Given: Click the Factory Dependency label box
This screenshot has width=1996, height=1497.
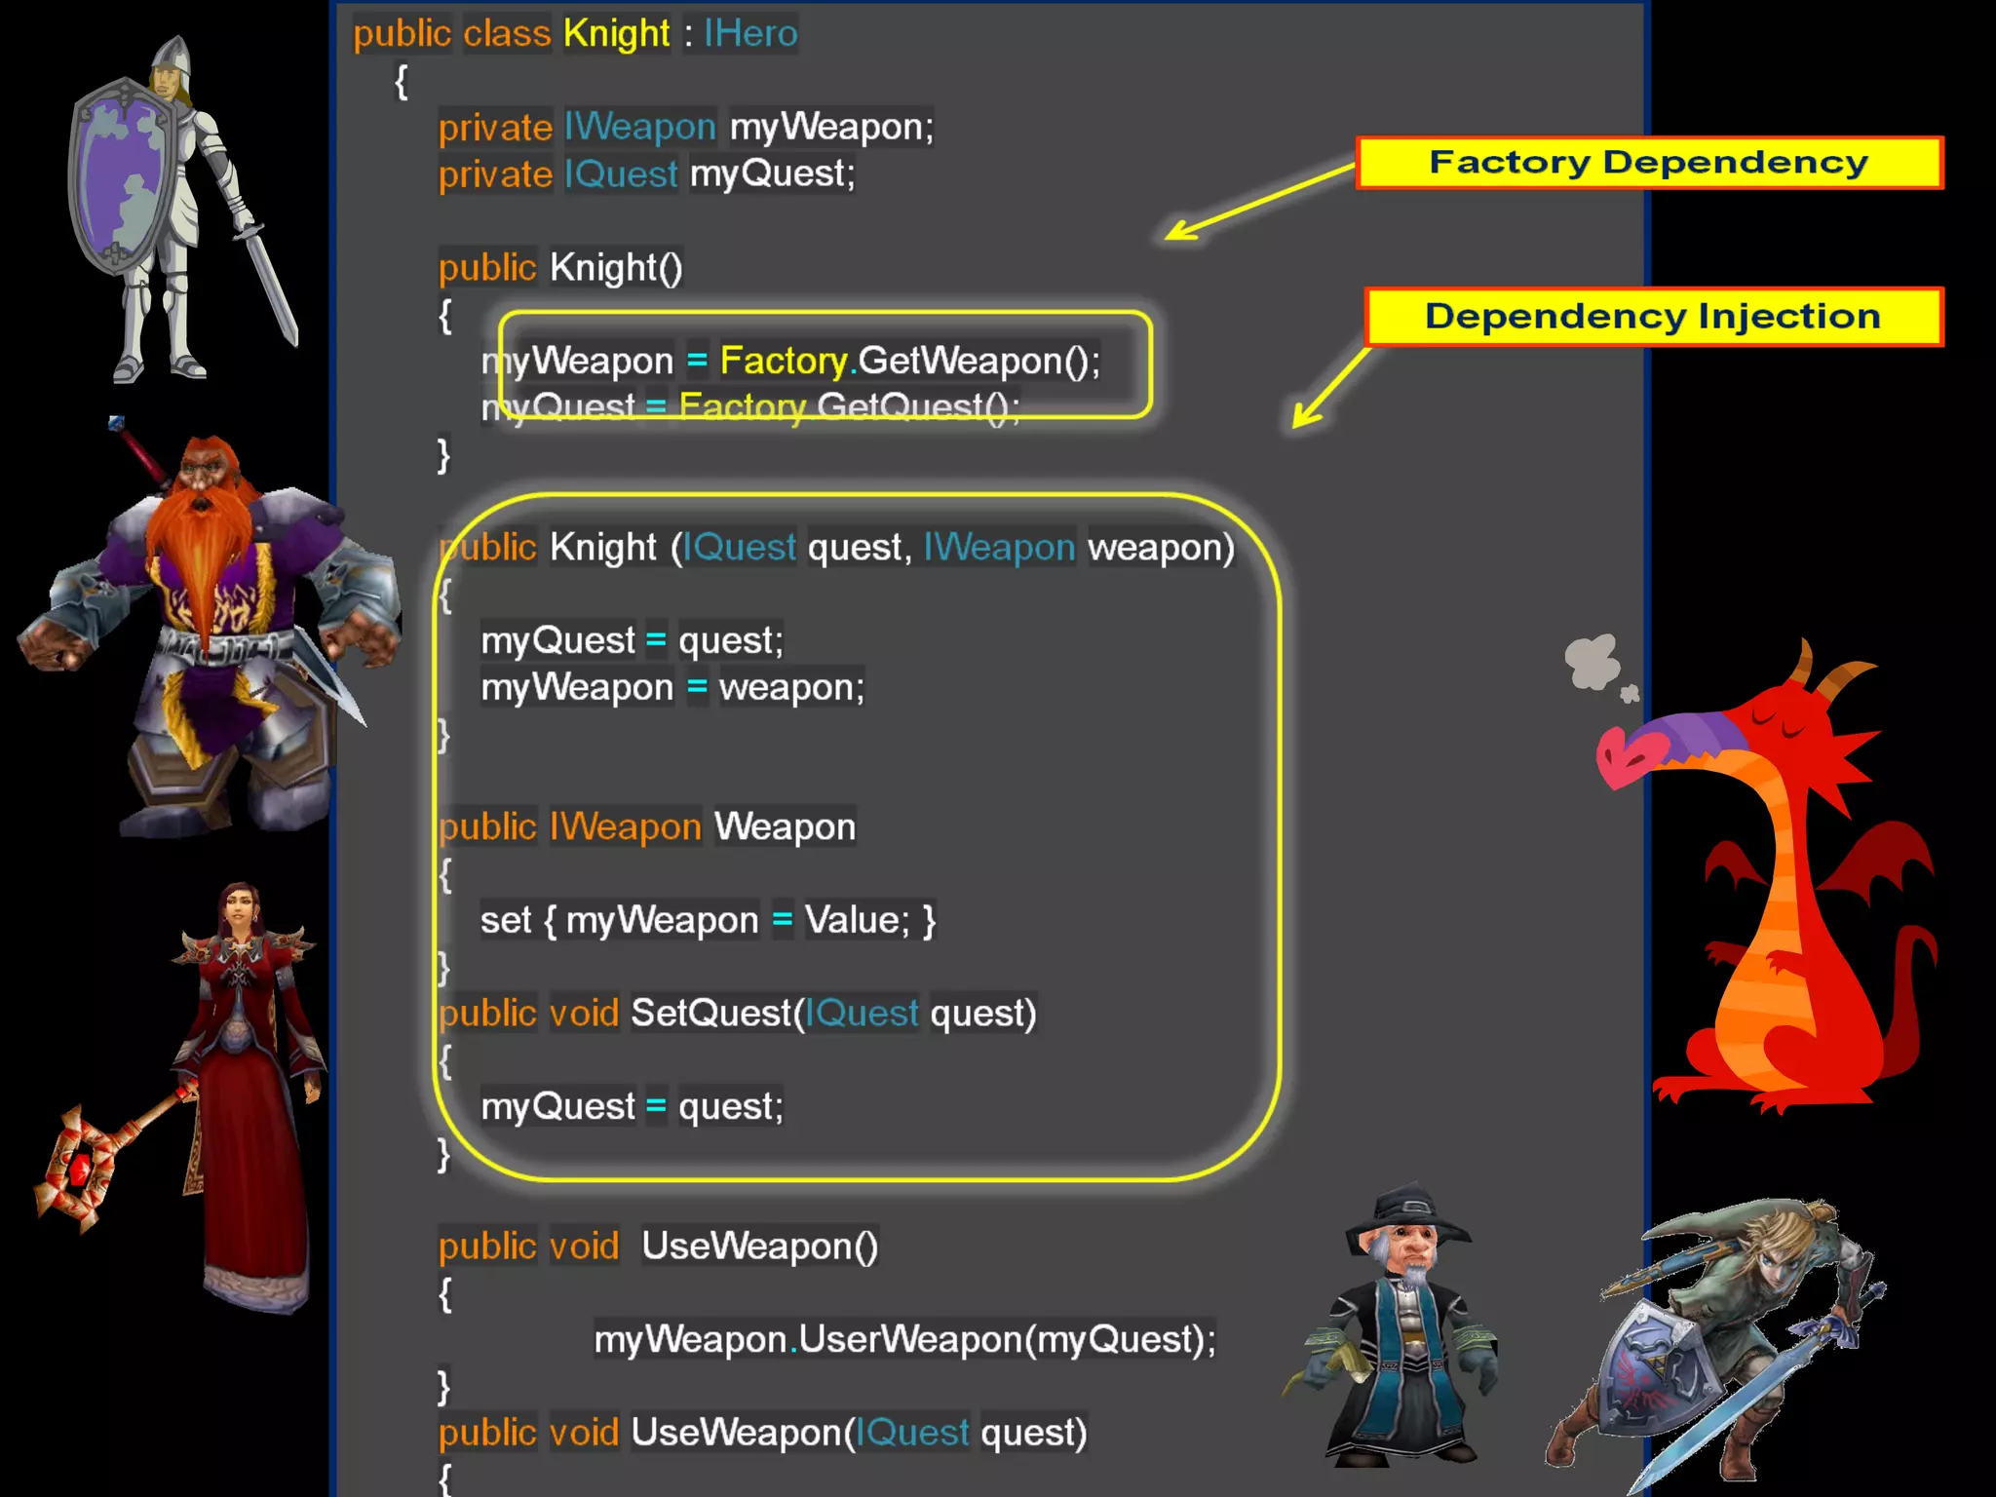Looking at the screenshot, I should [1648, 163].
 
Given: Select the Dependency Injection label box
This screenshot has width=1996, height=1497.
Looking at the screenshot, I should [1653, 317].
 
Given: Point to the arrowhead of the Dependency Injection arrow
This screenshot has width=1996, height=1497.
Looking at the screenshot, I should [1302, 418].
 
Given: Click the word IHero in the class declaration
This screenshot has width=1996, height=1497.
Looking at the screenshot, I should [750, 34].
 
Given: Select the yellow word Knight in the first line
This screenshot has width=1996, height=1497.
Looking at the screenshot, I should [616, 34].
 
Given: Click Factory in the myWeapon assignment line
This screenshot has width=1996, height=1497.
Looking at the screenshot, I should [784, 362].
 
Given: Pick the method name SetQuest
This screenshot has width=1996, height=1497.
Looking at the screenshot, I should [710, 1014].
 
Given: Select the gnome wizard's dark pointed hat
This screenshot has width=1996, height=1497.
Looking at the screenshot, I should [1407, 1213].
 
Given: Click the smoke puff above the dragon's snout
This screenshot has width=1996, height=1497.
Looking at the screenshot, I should [1593, 663].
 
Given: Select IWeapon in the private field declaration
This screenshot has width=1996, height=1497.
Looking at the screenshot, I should [639, 128].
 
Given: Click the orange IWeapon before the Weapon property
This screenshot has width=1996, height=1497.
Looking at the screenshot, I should [625, 827].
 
